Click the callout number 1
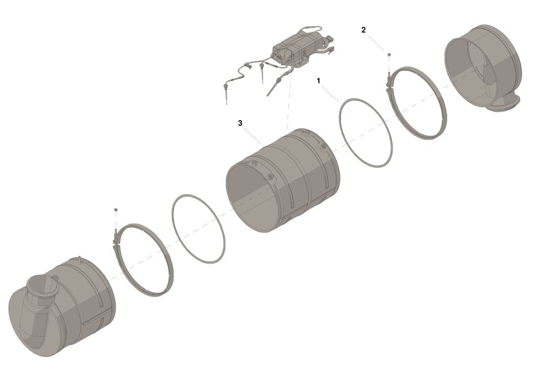[x=318, y=81]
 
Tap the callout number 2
[x=363, y=30]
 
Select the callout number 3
[x=240, y=123]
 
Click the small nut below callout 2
[x=389, y=55]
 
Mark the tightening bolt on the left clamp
[x=115, y=236]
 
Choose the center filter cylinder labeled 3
[x=284, y=180]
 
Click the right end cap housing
[x=482, y=67]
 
